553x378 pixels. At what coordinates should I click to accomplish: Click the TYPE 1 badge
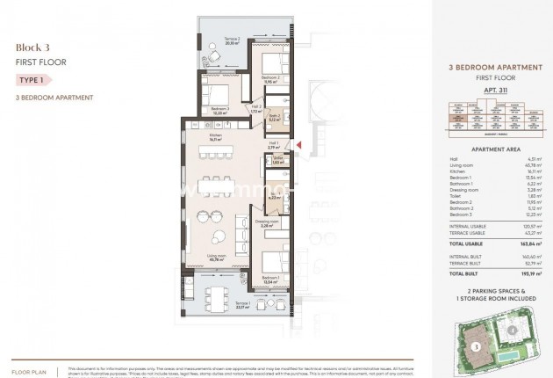[x=32, y=79]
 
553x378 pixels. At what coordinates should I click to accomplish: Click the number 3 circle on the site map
[x=475, y=346]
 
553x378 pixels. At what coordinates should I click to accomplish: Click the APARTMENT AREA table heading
[x=486, y=149]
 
